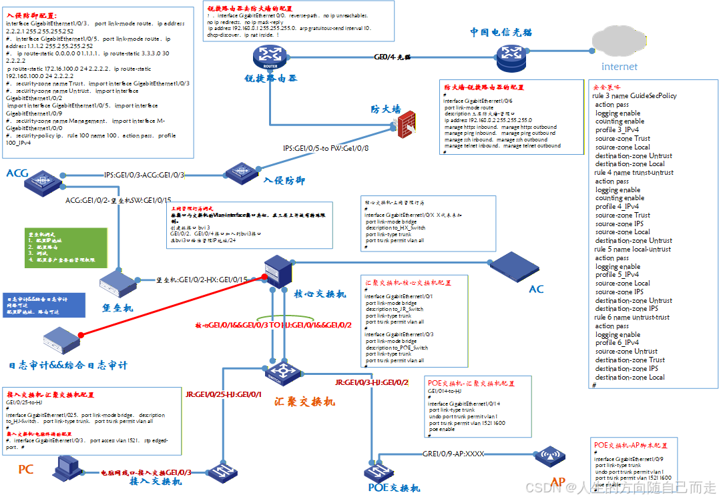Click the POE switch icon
[x=379, y=471]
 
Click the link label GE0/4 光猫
[x=392, y=58]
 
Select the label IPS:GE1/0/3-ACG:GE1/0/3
[x=144, y=175]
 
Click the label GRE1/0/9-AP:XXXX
[x=453, y=454]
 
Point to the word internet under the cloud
[x=620, y=67]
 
